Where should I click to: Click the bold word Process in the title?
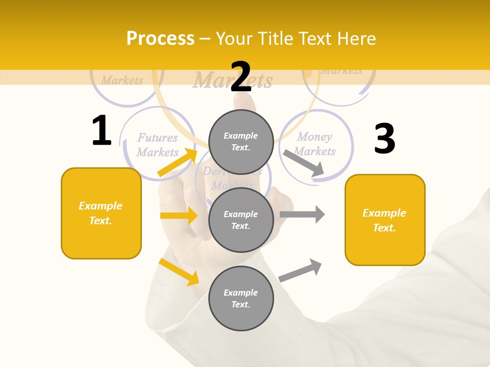[160, 39]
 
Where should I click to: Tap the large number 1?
[102, 130]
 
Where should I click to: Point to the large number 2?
[241, 77]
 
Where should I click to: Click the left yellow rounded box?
[101, 213]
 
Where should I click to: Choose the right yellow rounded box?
[385, 220]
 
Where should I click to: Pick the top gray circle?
[241, 142]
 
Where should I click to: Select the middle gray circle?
[241, 220]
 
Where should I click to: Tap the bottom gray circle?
[241, 298]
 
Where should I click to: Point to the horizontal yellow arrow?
[179, 216]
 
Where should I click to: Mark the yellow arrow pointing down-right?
[179, 272]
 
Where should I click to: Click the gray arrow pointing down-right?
[303, 163]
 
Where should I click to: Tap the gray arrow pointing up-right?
[301, 270]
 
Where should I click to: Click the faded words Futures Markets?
[158, 145]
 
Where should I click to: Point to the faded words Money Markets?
[314, 144]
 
